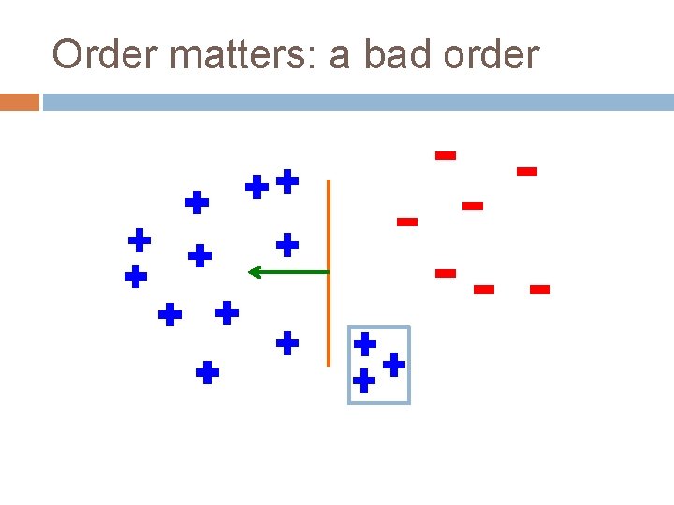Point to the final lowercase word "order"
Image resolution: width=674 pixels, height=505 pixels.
pos(491,55)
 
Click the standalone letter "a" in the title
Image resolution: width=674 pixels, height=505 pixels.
pos(339,57)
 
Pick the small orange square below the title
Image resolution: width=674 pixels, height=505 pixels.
pos(19,102)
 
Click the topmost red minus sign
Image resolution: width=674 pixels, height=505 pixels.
pos(446,155)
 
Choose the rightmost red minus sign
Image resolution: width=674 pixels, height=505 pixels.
pos(539,290)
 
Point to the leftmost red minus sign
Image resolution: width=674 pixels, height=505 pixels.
pos(406,223)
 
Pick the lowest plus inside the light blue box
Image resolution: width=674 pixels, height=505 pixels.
pos(364,381)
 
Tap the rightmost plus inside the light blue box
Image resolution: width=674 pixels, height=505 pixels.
pos(394,364)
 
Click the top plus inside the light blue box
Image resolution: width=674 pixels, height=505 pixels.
pos(365,343)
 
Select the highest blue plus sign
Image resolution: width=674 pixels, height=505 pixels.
pos(287,180)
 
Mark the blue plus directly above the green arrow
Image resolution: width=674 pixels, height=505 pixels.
pos(287,245)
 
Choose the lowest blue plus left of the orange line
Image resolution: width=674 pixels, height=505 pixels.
pos(207,374)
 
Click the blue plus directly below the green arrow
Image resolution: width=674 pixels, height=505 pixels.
pos(287,343)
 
